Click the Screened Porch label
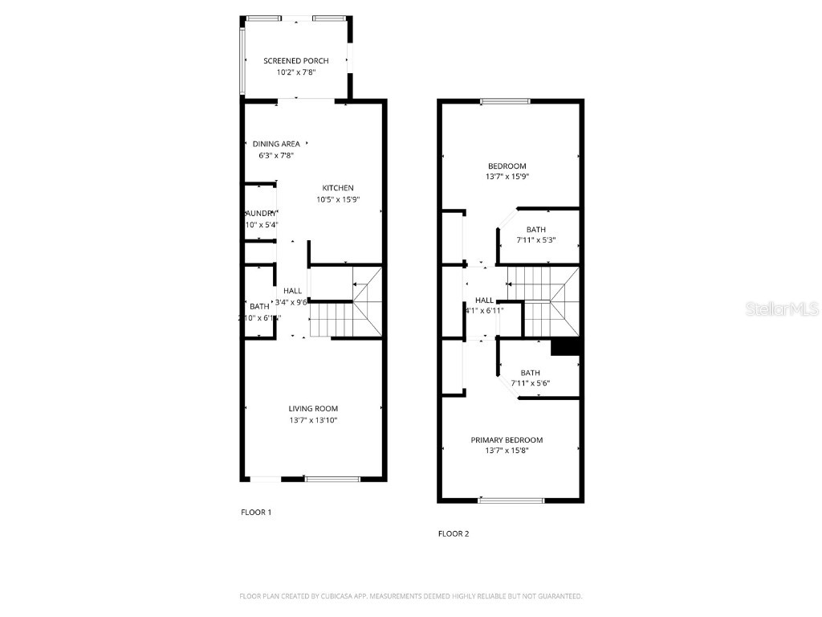(x=296, y=61)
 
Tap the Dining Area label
(x=275, y=145)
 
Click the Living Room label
(x=313, y=409)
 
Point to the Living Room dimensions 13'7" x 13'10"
(x=313, y=420)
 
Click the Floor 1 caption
(x=256, y=512)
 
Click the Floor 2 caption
(x=453, y=533)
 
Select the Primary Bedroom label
(x=507, y=440)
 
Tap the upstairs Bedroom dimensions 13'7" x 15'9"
(x=507, y=177)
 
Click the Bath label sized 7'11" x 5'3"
(x=535, y=229)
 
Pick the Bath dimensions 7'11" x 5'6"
(x=530, y=383)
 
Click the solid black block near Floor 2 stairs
(x=567, y=345)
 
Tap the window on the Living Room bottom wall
(x=332, y=480)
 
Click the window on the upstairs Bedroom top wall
(x=505, y=101)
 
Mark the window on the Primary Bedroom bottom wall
(x=511, y=501)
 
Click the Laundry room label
(x=261, y=213)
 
